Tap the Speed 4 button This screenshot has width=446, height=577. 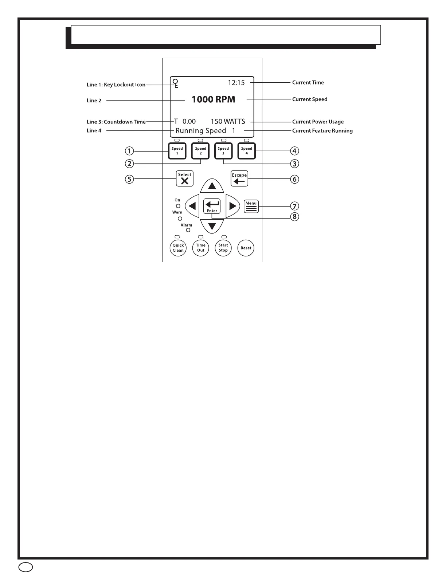pos(247,151)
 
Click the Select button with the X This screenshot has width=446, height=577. pos(185,178)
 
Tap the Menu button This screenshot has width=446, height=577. pos(251,206)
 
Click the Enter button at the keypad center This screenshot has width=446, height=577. pos(212,206)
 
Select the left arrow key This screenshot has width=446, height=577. pos(192,206)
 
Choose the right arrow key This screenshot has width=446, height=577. pos(232,206)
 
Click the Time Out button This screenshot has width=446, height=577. pos(201,248)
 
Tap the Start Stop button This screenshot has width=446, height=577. pos(223,248)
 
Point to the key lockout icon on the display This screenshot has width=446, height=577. pos(176,83)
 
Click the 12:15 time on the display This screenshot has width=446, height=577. pos(236,83)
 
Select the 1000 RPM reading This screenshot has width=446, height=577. pos(214,99)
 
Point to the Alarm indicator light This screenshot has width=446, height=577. pos(188,230)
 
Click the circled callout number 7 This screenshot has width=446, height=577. pos(294,207)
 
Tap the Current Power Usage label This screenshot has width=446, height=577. pos(318,122)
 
